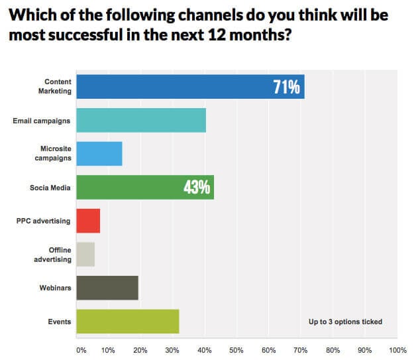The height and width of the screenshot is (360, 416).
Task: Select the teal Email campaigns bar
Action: pos(141,121)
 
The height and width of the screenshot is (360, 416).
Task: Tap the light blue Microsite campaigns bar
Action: pos(99,154)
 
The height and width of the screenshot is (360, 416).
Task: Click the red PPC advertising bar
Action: pos(88,221)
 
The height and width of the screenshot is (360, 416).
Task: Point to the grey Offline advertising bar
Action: pos(85,255)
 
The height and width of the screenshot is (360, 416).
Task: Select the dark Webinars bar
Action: pos(107,288)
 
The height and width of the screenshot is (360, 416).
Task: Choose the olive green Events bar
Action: pos(128,322)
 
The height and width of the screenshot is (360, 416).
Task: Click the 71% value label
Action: pos(287,87)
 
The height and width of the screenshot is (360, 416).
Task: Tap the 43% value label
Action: pos(197,188)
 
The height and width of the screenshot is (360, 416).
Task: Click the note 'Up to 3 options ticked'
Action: pos(345,322)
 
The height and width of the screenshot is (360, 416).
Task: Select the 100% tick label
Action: pos(397,349)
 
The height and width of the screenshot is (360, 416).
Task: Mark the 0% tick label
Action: pos(81,349)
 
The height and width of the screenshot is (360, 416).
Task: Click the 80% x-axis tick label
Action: pos(333,349)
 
